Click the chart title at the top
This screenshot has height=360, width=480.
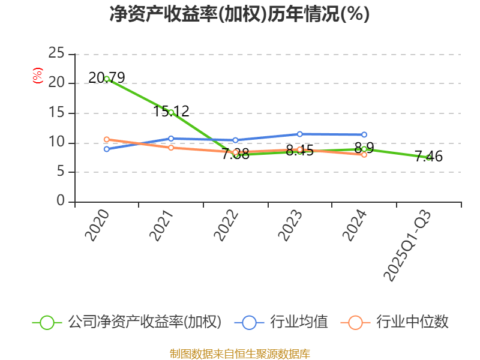[239, 14]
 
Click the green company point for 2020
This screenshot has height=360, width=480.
[107, 79]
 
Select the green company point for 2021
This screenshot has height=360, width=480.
[171, 112]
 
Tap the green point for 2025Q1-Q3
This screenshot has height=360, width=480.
[428, 157]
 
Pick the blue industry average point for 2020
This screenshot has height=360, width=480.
[107, 149]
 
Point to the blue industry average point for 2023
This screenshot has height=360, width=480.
[299, 134]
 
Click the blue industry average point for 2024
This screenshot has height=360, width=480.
[364, 134]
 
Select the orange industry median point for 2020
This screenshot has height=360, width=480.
[107, 139]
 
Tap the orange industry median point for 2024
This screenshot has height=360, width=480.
[364, 154]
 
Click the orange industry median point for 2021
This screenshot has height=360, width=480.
[171, 148]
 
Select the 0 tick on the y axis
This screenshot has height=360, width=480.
[61, 202]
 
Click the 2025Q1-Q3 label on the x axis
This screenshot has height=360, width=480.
[407, 246]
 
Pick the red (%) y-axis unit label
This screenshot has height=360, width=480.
[37, 76]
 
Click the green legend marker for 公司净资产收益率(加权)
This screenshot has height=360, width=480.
[47, 322]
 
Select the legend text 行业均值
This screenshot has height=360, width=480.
[299, 322]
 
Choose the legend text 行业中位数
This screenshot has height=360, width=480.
[412, 322]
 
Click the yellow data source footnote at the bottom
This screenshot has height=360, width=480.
[239, 353]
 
